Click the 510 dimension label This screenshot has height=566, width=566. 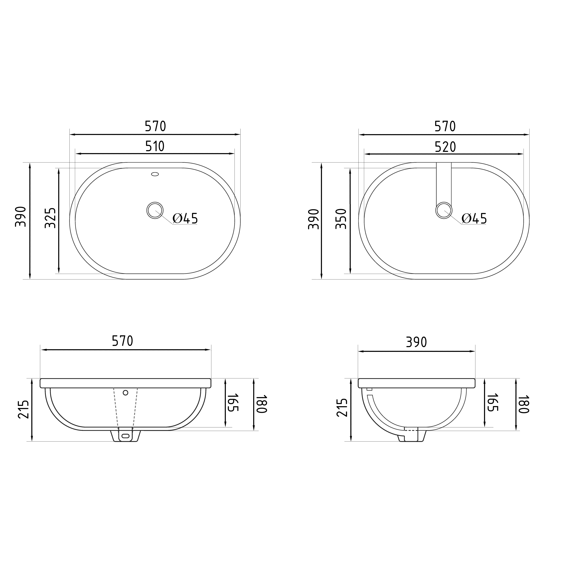(x=155, y=146)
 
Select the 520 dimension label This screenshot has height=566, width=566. (x=445, y=147)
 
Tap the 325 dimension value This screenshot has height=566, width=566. (x=50, y=218)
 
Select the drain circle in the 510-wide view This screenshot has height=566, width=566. (x=155, y=210)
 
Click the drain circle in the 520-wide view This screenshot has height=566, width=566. (x=444, y=210)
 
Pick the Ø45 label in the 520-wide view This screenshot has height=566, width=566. (x=474, y=219)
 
